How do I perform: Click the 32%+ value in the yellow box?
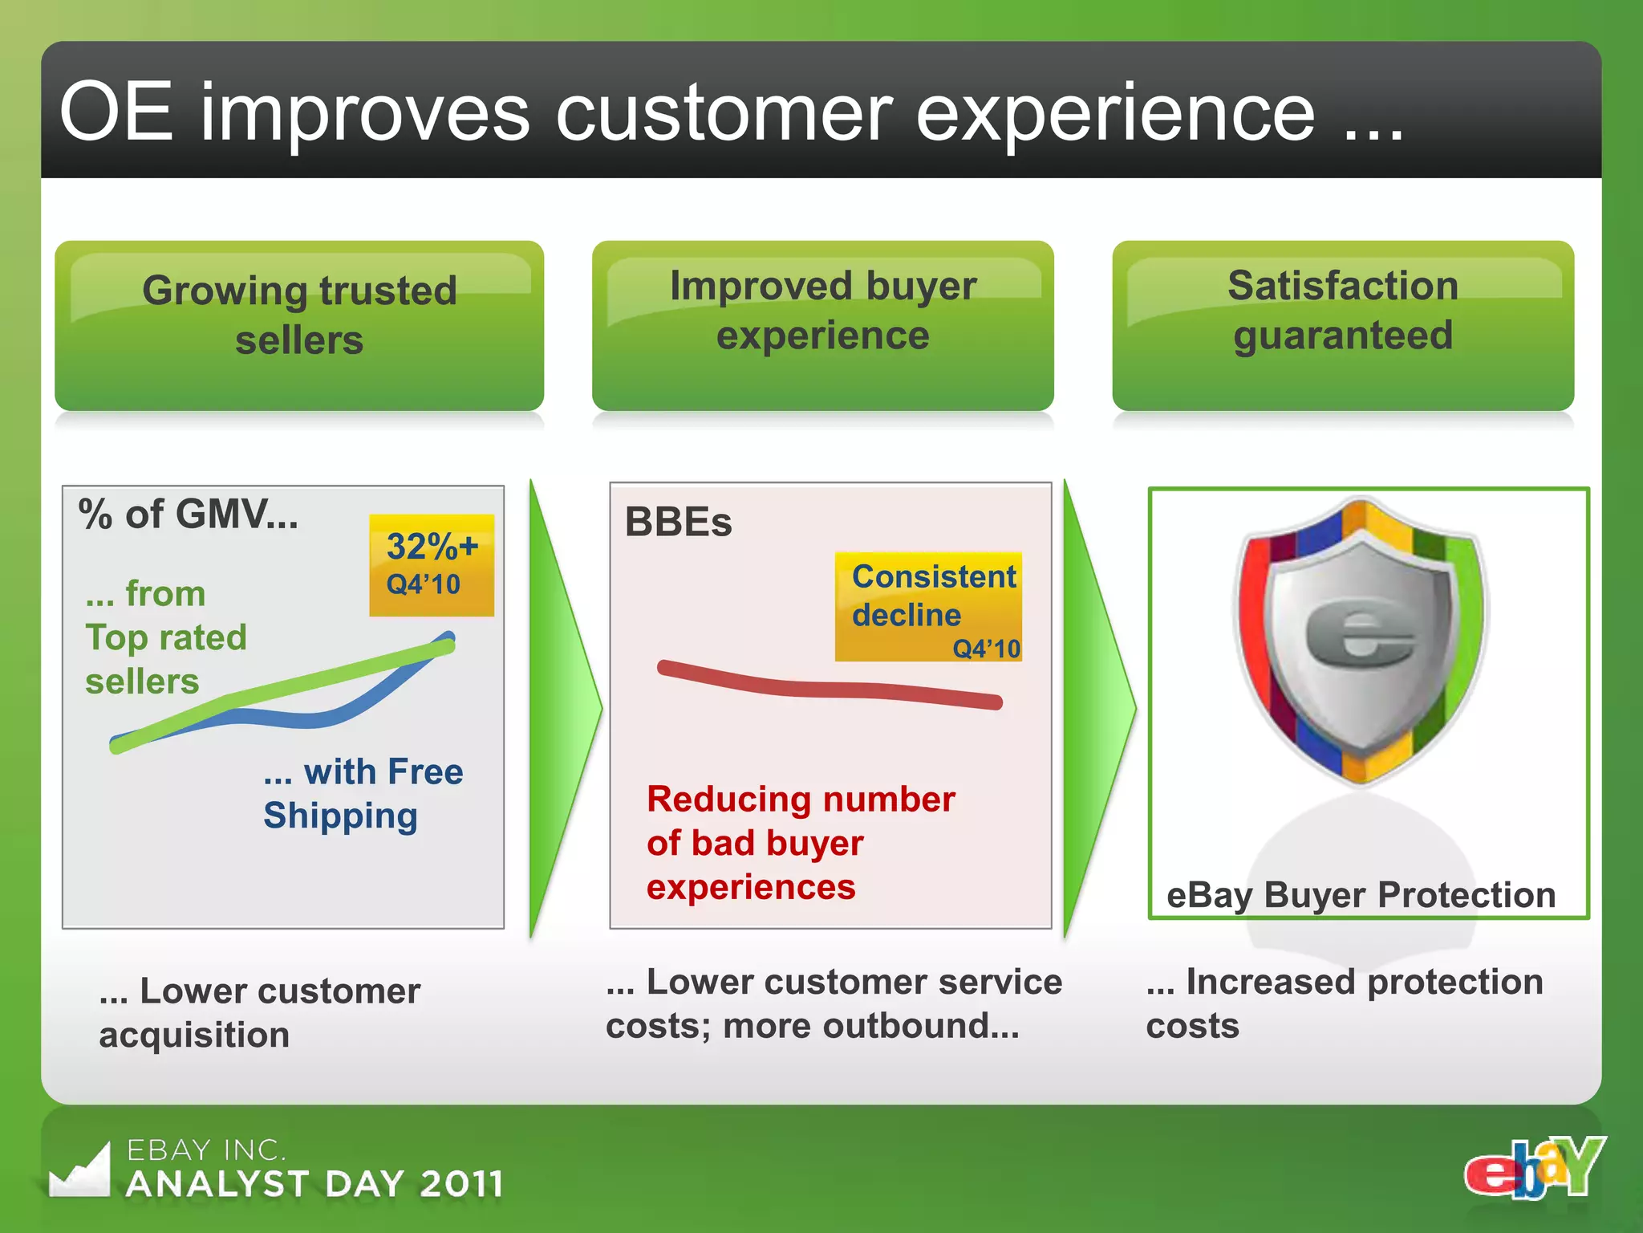click(432, 547)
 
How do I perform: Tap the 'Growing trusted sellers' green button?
click(299, 325)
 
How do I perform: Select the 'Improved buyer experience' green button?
click(822, 325)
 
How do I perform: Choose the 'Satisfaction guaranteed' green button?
click(1342, 325)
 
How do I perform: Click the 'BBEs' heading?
click(678, 523)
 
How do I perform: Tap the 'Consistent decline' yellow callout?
click(928, 606)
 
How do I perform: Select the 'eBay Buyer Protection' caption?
click(1361, 895)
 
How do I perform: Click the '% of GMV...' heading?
click(188, 515)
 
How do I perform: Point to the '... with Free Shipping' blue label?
click(363, 793)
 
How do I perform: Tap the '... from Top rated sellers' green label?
click(165, 637)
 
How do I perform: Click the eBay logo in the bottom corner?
click(1534, 1169)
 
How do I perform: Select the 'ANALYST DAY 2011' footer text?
click(314, 1184)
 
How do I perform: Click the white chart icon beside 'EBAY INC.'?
click(80, 1172)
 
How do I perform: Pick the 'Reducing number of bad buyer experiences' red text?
click(800, 843)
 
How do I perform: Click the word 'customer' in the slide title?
click(724, 113)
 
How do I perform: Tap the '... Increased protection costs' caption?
click(1344, 1003)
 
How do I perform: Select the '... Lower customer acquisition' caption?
click(259, 1012)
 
